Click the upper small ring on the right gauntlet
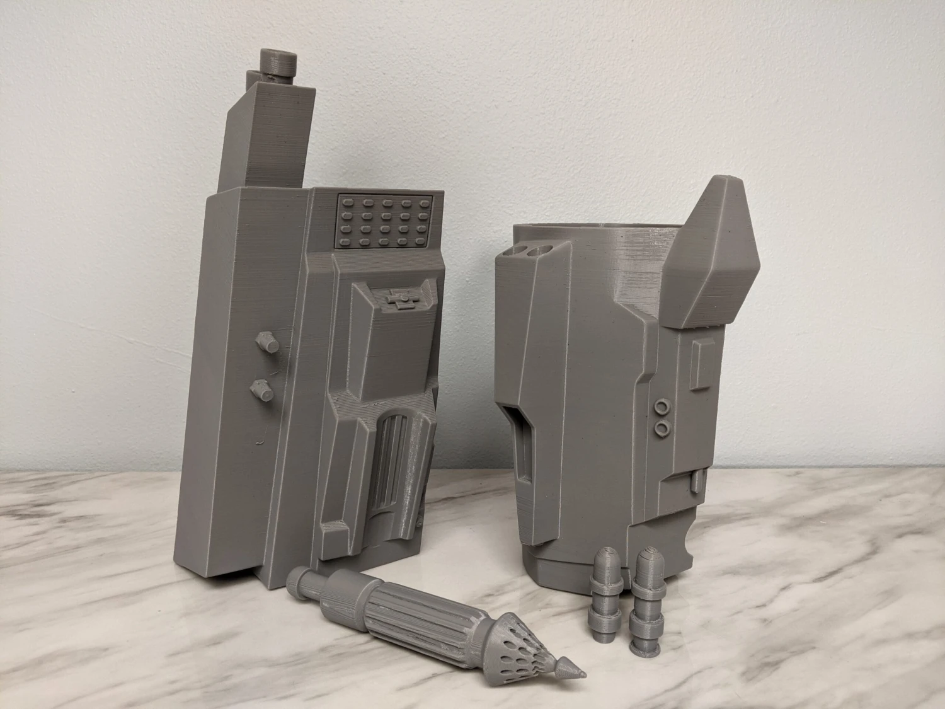point(663,404)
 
